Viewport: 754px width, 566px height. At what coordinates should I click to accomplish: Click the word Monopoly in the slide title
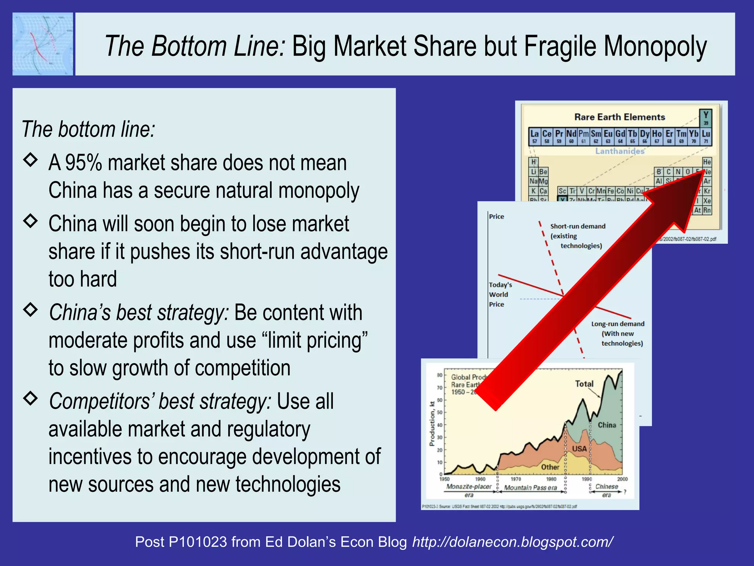[x=655, y=46]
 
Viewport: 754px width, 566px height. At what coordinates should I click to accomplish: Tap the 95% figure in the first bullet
[x=84, y=163]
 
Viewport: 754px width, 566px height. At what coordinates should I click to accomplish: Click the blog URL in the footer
[x=512, y=542]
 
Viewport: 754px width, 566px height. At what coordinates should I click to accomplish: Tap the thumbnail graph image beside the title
[x=43, y=44]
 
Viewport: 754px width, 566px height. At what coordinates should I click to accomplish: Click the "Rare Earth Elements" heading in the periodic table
[x=620, y=117]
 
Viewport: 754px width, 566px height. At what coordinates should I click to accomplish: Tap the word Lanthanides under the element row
[x=620, y=151]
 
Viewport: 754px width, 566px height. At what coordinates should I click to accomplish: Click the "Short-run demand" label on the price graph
[x=578, y=226]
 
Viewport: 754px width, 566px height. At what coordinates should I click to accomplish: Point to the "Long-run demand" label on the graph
[x=618, y=324]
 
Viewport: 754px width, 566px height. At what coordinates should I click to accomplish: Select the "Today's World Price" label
[x=500, y=294]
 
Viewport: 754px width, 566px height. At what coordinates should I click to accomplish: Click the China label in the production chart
[x=607, y=425]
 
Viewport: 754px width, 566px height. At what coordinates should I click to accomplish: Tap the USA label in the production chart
[x=579, y=448]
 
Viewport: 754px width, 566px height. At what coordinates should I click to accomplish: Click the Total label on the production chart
[x=584, y=384]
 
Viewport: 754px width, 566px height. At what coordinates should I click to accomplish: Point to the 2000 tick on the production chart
[x=622, y=479]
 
